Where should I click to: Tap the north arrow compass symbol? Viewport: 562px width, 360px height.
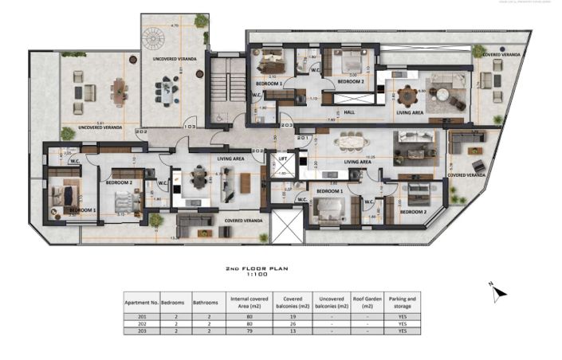[499, 292]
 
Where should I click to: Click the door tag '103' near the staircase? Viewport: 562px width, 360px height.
[190, 127]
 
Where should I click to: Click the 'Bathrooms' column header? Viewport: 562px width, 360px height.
[206, 303]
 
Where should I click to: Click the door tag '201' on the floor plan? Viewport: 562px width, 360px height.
[302, 138]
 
